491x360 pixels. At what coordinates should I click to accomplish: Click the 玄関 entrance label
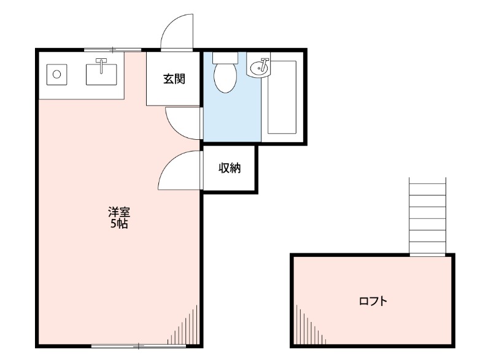point(174,79)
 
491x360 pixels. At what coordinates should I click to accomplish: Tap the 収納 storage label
point(230,168)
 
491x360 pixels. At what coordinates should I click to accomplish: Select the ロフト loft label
point(373,301)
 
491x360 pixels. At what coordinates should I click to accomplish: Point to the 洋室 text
point(119,212)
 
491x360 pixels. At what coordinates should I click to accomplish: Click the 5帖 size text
point(119,224)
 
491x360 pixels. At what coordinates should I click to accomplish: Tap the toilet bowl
point(225,78)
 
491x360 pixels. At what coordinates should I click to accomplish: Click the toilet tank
point(225,58)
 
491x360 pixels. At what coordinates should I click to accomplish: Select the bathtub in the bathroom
point(282,98)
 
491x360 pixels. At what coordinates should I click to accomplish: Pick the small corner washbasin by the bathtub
point(258,66)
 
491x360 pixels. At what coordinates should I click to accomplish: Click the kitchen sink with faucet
point(101,74)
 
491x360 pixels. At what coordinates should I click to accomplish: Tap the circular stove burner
point(56,74)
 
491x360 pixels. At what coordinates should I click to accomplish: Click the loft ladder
point(427,216)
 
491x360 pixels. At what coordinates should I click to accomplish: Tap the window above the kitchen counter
point(113,50)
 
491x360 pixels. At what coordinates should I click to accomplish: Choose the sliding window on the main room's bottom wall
point(139,346)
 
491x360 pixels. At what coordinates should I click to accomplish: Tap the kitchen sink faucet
point(101,66)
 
